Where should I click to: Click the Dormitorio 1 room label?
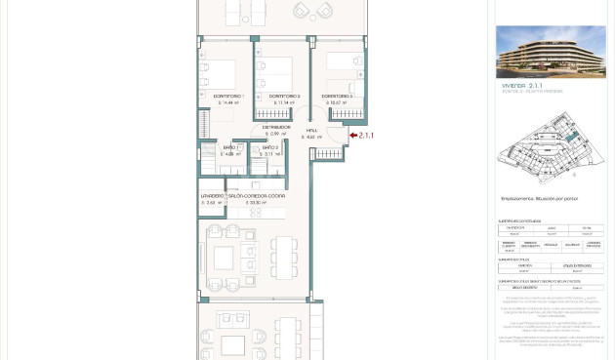click(x=228, y=97)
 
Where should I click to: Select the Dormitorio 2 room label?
click(x=284, y=97)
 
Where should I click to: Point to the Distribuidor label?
click(x=276, y=127)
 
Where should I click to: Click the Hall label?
click(x=311, y=131)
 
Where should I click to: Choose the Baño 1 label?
click(x=229, y=147)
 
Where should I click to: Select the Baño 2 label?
click(x=270, y=147)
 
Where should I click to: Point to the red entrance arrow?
click(x=353, y=136)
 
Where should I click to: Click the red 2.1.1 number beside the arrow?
click(x=366, y=136)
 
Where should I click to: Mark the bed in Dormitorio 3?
click(x=344, y=64)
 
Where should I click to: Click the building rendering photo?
click(x=550, y=53)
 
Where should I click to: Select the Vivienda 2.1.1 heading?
click(x=522, y=86)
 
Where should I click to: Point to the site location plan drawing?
click(x=550, y=146)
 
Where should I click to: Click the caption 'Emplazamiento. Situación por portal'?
click(x=539, y=199)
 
